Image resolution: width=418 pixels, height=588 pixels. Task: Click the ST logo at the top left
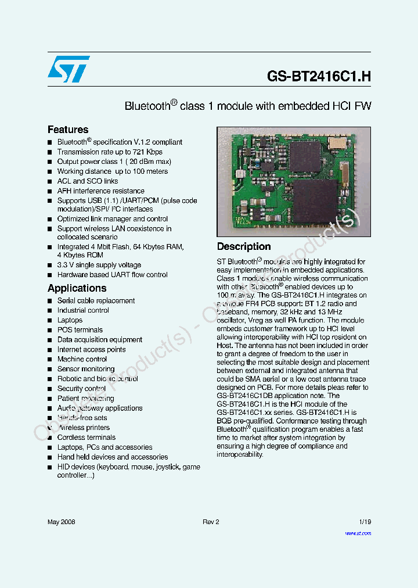[x=69, y=69]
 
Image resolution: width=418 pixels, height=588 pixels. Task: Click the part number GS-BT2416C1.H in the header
[x=319, y=76]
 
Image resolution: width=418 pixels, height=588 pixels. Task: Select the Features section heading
[x=68, y=130]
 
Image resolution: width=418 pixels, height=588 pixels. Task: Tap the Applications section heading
[x=77, y=288]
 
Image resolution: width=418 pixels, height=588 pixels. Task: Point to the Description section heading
[x=244, y=246]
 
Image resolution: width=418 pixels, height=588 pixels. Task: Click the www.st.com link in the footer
[x=358, y=533]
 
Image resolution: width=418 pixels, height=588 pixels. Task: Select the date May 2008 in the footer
[x=61, y=522]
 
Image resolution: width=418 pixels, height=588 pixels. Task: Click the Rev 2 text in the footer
[x=211, y=522]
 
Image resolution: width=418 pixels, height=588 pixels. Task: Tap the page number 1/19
[x=365, y=522]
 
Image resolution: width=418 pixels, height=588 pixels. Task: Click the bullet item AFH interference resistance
[x=100, y=191]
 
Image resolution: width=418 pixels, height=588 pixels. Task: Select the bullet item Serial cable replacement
[x=96, y=300]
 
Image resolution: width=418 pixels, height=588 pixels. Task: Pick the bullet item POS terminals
[x=80, y=330]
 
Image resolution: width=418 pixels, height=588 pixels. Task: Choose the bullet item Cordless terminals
[x=86, y=438]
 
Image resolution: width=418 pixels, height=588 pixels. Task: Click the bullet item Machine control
[x=82, y=359]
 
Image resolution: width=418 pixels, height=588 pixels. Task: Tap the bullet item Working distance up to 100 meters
[x=112, y=171]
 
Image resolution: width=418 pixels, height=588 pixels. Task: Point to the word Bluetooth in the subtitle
[x=146, y=107]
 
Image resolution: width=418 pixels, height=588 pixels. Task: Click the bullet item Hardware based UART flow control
[x=112, y=275]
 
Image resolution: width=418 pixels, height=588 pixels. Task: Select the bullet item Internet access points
[x=91, y=349]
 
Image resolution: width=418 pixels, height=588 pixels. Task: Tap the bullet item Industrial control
[x=83, y=310]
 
